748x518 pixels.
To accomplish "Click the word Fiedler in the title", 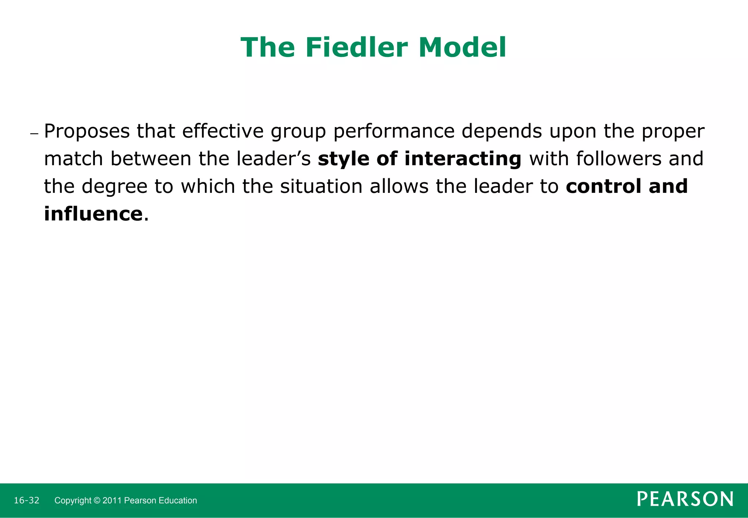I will coord(356,47).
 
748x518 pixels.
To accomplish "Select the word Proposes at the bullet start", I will coord(87,131).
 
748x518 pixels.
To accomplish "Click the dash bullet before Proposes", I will coord(34,133).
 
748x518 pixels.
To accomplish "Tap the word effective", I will coord(222,131).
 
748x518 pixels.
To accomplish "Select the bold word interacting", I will coord(463,159).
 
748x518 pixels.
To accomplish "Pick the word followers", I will coord(619,159).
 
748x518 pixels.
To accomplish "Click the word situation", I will coord(321,186).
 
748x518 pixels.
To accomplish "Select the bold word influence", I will coord(93,214).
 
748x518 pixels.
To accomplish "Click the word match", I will coord(73,159).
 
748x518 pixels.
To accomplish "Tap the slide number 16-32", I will coord(26,500).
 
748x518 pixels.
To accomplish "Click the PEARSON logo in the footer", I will coord(685,499).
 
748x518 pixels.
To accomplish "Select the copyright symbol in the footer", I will coord(97,500).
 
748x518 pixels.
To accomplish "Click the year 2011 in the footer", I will coord(112,500).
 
